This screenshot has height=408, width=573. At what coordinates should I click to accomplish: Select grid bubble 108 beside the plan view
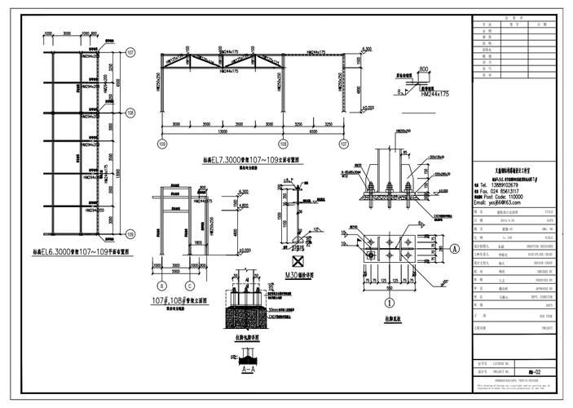tap(130, 113)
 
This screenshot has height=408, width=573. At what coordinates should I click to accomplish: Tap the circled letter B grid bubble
tap(162, 286)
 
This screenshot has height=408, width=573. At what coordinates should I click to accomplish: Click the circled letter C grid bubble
tap(189, 286)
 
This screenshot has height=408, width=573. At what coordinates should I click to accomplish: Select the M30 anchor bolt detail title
tap(300, 276)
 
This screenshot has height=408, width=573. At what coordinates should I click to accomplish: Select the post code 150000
tap(516, 197)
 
